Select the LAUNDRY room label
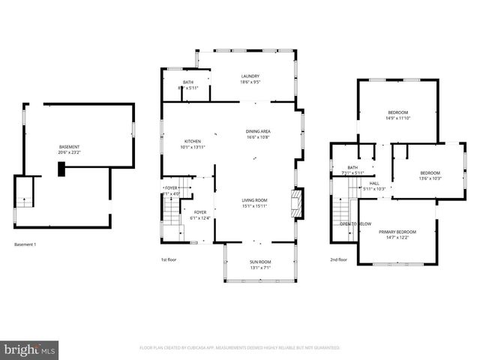[250, 76]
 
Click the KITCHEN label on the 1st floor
[193, 141]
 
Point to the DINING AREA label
[258, 131]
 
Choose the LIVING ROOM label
[254, 200]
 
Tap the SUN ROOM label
[260, 262]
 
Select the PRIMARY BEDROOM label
[397, 232]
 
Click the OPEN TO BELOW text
[355, 224]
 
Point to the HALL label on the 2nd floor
[373, 183]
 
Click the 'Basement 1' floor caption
[25, 244]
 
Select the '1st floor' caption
[169, 259]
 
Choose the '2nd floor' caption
[338, 259]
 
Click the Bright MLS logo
[29, 349]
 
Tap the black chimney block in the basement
[62, 170]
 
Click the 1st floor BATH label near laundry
[187, 82]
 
